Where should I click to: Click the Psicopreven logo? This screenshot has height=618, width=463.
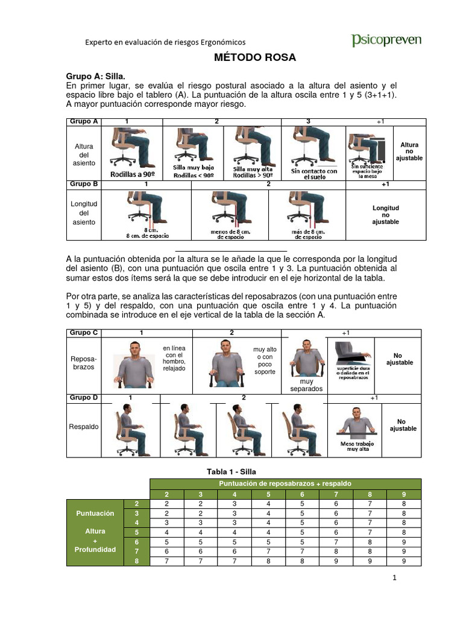pos(386,40)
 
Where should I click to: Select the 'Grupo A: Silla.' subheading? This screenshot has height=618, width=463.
pos(95,77)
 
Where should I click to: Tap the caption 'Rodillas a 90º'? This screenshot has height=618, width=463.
pos(132,174)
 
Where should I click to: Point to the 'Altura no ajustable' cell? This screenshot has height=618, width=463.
pos(409,151)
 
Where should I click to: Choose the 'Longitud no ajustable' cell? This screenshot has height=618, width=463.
pos(386,215)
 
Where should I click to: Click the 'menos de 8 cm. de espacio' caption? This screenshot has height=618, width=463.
pos(230,234)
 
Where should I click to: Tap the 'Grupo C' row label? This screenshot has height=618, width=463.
pos(84,333)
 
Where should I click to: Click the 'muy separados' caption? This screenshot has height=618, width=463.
pos(306,385)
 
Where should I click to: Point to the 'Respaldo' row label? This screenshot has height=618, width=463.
pos(84,427)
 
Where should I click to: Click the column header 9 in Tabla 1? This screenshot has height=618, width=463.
pos(403,494)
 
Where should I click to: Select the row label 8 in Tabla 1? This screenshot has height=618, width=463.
pos(137,561)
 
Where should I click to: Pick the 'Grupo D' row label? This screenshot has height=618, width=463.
pos(84,398)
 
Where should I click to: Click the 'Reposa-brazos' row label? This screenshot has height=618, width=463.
pos(84,363)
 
